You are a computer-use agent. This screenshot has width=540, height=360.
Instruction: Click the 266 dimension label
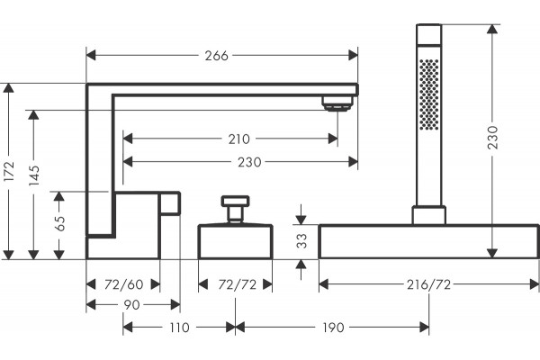[x=216, y=56]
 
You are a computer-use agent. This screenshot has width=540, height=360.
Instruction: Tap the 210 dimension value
[x=239, y=139]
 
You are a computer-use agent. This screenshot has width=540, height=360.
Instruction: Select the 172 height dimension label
[x=8, y=171]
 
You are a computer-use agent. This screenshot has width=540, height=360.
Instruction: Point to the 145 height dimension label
[x=34, y=175]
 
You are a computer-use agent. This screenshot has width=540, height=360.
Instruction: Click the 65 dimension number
[x=59, y=223]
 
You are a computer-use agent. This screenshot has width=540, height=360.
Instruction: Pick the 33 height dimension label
[x=301, y=241]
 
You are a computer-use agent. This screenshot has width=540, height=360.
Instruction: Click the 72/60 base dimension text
[x=123, y=284]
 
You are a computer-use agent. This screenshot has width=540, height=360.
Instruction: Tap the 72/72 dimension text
[x=238, y=284]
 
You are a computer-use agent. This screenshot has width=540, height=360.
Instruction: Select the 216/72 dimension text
[x=428, y=284]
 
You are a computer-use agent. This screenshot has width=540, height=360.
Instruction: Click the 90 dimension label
[x=131, y=305]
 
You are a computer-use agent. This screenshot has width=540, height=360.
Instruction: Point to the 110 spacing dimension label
[x=179, y=328]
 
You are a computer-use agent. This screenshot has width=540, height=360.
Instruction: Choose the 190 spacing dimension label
[x=333, y=328]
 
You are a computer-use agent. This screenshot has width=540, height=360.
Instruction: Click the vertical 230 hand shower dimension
[x=493, y=137]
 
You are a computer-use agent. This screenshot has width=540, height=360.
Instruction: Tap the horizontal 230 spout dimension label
[x=249, y=162]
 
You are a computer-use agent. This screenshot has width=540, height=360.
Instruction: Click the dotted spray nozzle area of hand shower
[x=429, y=94]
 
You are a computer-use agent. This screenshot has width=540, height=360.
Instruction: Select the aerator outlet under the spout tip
[x=337, y=103]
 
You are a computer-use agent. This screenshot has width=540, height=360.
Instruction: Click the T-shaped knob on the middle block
[x=235, y=210]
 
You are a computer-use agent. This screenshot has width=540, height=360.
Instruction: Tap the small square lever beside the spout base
[x=170, y=203]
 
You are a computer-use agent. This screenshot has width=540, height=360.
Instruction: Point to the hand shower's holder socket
[x=429, y=215]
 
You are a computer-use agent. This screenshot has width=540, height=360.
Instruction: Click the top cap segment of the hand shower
[x=428, y=34]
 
